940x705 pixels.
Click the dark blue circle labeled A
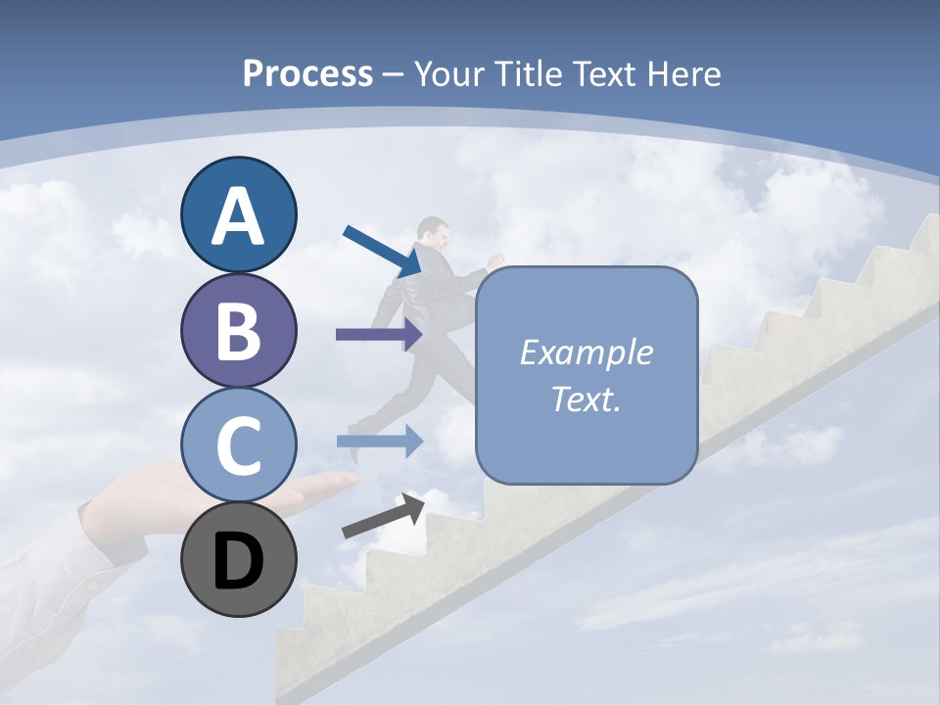point(238,214)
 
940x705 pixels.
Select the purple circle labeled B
point(238,331)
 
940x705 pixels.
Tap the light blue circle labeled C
point(238,445)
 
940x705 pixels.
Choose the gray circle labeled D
point(238,559)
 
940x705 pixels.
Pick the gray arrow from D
point(383,516)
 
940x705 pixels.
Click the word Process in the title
point(307,73)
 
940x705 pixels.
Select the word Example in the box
point(586,352)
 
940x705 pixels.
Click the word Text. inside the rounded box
point(586,399)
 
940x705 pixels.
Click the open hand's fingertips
point(343,481)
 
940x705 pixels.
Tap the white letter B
point(238,331)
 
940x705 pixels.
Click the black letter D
point(238,561)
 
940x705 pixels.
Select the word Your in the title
point(449,73)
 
